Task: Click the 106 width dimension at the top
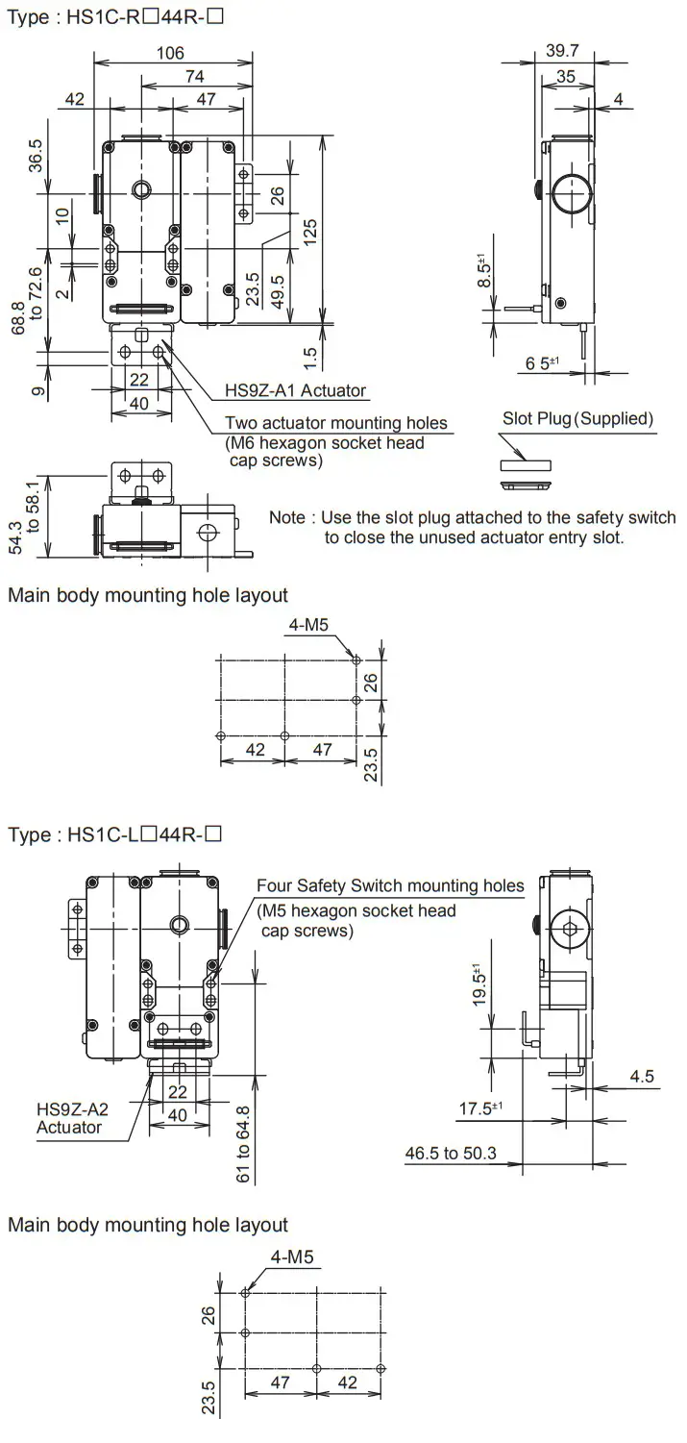170,53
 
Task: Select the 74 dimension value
195,76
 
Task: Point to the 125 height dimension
309,231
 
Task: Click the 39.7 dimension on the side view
561,51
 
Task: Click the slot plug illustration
526,465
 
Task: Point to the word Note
286,517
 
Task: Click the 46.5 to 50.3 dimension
451,1153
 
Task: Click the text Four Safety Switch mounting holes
390,885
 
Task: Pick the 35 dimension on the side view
566,77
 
